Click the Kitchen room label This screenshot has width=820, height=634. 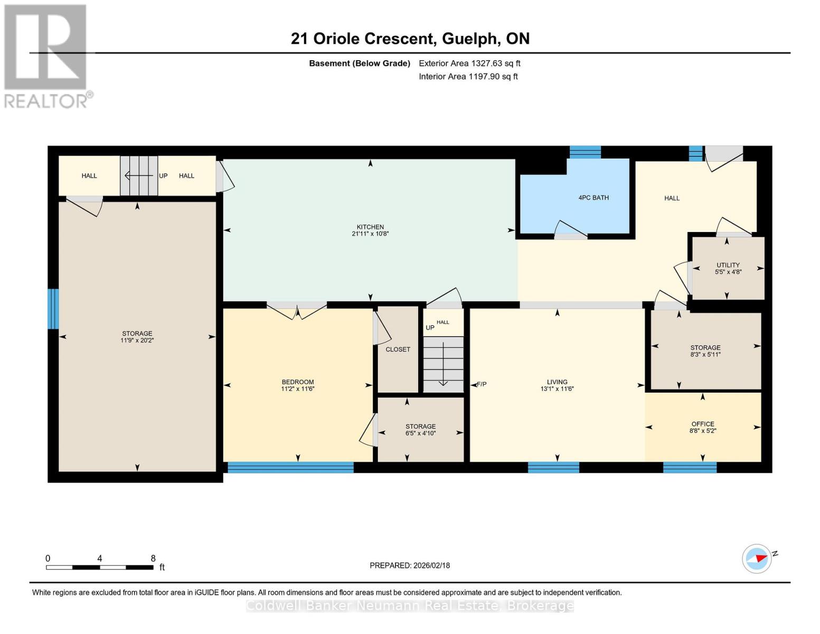[x=370, y=227]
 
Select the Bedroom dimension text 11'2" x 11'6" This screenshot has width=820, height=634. [x=297, y=389]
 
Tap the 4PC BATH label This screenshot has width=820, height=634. [x=593, y=198]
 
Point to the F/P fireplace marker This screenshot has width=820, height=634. [x=481, y=384]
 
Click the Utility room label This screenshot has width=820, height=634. [x=728, y=265]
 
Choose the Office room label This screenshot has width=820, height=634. [x=702, y=424]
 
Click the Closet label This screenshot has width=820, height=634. [x=398, y=349]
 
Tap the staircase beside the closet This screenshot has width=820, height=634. [x=443, y=364]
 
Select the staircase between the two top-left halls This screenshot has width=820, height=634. [x=139, y=175]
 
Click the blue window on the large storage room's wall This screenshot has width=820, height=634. [x=53, y=309]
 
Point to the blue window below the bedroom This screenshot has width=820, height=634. [x=290, y=467]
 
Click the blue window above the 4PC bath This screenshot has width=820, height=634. [x=585, y=152]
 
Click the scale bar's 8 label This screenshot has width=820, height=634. [x=153, y=558]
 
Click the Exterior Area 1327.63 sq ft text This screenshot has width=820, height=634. [x=469, y=63]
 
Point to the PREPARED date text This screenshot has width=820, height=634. [x=410, y=565]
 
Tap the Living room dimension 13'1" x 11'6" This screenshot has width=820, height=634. [x=557, y=389]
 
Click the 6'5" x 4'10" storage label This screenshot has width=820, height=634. [x=420, y=433]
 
